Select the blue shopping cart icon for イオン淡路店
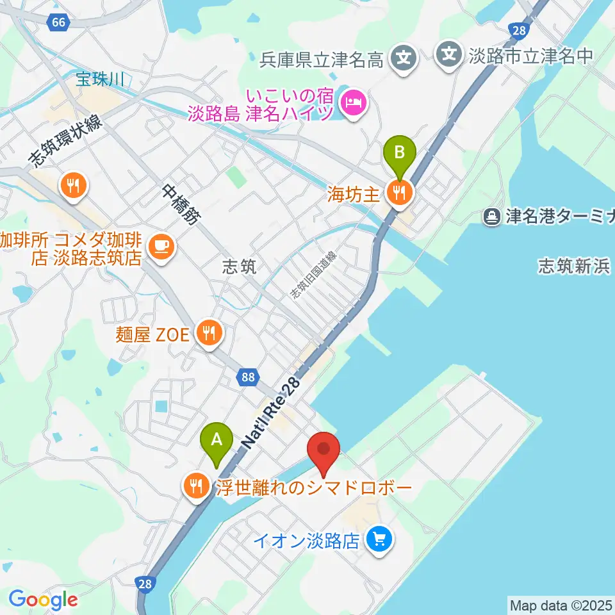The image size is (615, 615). [379, 539]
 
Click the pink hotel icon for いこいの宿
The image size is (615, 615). [353, 102]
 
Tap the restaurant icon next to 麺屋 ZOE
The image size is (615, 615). [209, 332]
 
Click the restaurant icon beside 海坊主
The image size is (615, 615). [400, 190]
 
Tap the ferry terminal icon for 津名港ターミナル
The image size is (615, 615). [491, 217]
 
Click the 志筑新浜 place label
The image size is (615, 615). [574, 266]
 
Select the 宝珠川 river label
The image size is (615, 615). [99, 79]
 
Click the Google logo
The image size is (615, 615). [43, 600]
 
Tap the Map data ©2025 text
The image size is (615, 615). [560, 604]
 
